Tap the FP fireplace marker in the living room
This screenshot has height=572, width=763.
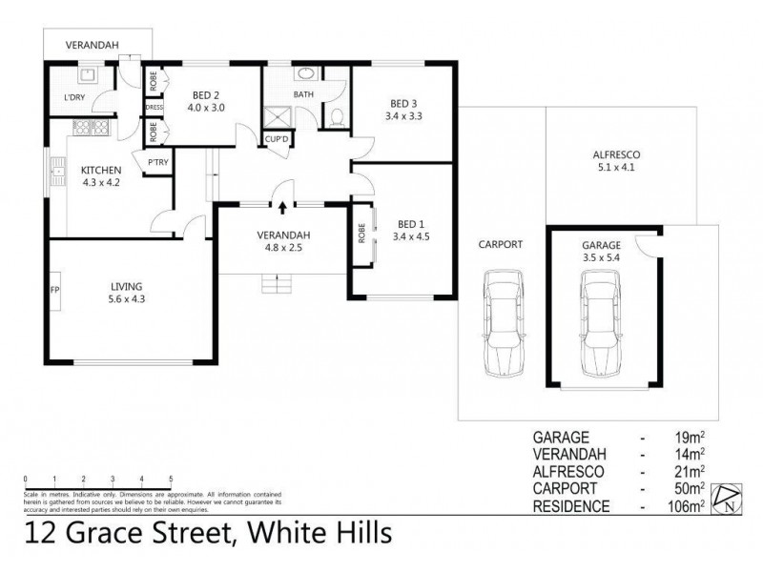55,289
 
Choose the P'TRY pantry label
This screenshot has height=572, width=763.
156,163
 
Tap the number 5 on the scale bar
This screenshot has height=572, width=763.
170,478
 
